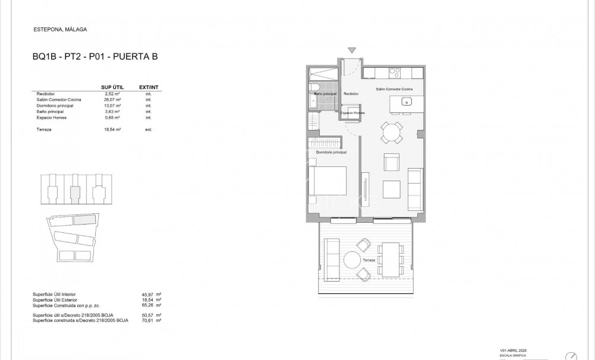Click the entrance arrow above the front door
352,50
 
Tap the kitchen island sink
407,102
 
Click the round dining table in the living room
391,132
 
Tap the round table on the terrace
352,260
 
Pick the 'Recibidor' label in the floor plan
351,94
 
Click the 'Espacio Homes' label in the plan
352,112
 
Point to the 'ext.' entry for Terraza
149,129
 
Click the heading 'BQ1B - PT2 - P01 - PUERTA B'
95,57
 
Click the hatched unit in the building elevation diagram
75,192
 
